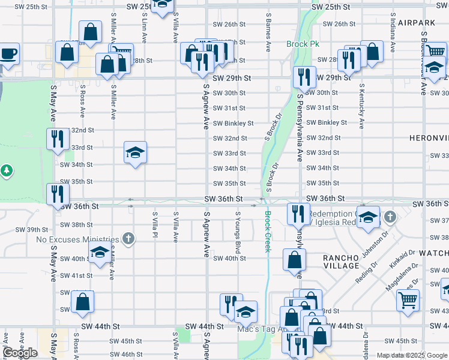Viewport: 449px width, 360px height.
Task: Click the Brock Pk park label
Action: click(x=303, y=44)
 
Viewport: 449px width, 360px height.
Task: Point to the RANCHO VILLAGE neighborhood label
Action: click(x=341, y=263)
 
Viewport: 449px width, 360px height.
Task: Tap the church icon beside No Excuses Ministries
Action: click(x=127, y=239)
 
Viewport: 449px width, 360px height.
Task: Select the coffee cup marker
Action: click(x=8, y=54)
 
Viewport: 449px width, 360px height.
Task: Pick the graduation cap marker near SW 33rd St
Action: click(x=135, y=154)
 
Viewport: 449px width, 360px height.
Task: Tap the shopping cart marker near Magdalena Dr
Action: click(x=408, y=299)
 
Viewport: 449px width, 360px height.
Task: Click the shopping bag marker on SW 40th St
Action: click(x=294, y=260)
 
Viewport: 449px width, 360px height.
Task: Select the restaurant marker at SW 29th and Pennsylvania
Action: click(x=304, y=77)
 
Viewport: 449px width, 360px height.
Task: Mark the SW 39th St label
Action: click(x=31, y=229)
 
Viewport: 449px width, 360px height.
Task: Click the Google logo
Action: click(x=20, y=353)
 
